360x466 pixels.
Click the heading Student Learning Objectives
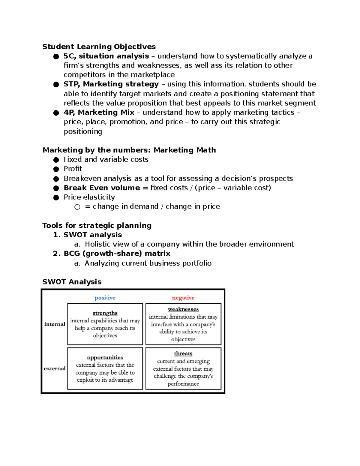click(99, 47)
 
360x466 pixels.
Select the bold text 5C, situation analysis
click(106, 56)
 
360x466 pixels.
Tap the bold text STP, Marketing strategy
click(111, 84)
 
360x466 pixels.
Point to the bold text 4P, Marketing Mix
click(99, 112)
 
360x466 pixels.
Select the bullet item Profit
click(73, 169)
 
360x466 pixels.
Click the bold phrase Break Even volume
click(102, 188)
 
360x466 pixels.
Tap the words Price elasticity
click(89, 197)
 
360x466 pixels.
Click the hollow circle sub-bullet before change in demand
click(77, 207)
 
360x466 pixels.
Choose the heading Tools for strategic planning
click(97, 225)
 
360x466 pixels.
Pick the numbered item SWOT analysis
click(93, 235)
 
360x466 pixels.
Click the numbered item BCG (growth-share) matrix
click(117, 254)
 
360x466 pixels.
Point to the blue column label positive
click(105, 298)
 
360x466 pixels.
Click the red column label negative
click(183, 298)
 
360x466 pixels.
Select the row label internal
click(55, 324)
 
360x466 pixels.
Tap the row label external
click(55, 368)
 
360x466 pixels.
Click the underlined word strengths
click(105, 313)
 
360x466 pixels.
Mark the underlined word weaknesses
click(183, 309)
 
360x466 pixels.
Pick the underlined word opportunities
click(105, 357)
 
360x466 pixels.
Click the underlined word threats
click(183, 353)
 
